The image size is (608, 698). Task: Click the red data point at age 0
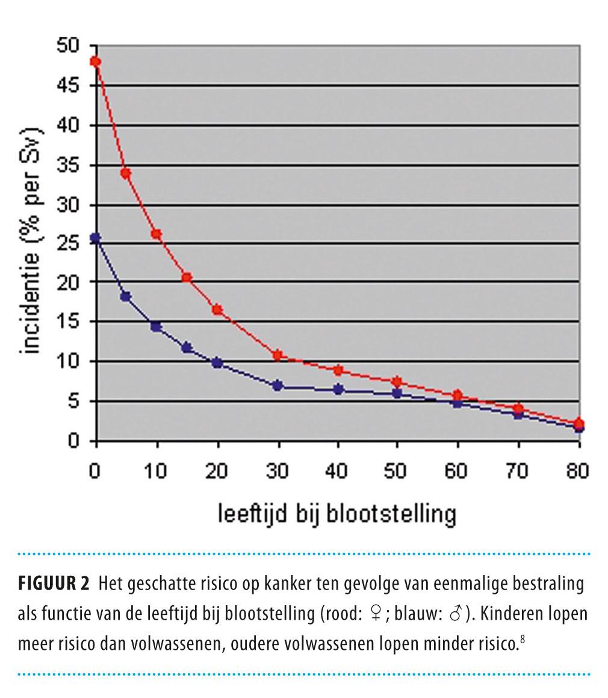click(x=96, y=61)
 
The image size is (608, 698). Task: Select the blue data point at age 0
click(x=96, y=238)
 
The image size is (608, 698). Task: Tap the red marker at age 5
click(x=126, y=173)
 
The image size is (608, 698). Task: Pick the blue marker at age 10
click(x=156, y=326)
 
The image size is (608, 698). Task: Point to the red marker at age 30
click(x=278, y=355)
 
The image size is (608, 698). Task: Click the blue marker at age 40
click(x=338, y=390)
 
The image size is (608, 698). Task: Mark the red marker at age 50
click(x=397, y=382)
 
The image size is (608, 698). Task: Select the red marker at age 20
click(x=217, y=310)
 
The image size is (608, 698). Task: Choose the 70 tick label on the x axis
click(x=518, y=472)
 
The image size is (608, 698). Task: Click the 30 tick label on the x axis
click(x=277, y=472)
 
